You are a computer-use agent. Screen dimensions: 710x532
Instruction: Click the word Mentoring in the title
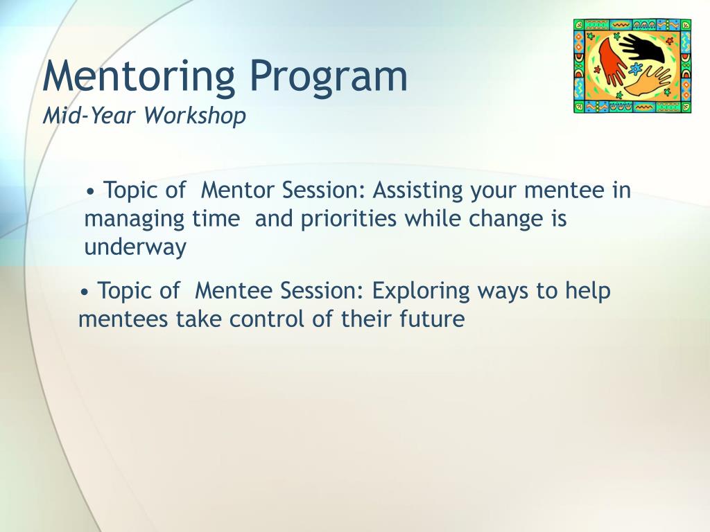pyautogui.click(x=139, y=77)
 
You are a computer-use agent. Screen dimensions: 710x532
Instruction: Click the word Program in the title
pyautogui.click(x=329, y=77)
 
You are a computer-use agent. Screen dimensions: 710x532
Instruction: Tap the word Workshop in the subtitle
pyautogui.click(x=195, y=116)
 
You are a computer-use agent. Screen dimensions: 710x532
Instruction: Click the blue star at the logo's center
pyautogui.click(x=637, y=69)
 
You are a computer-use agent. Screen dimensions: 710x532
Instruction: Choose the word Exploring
pyautogui.click(x=421, y=292)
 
